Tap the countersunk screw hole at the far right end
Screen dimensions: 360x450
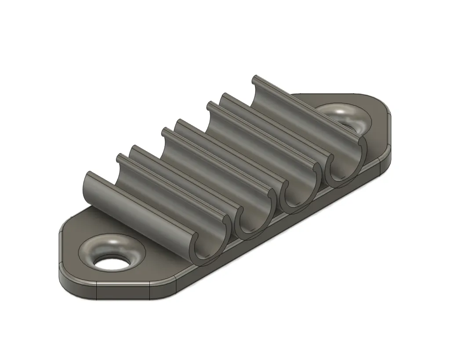point(347,118)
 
